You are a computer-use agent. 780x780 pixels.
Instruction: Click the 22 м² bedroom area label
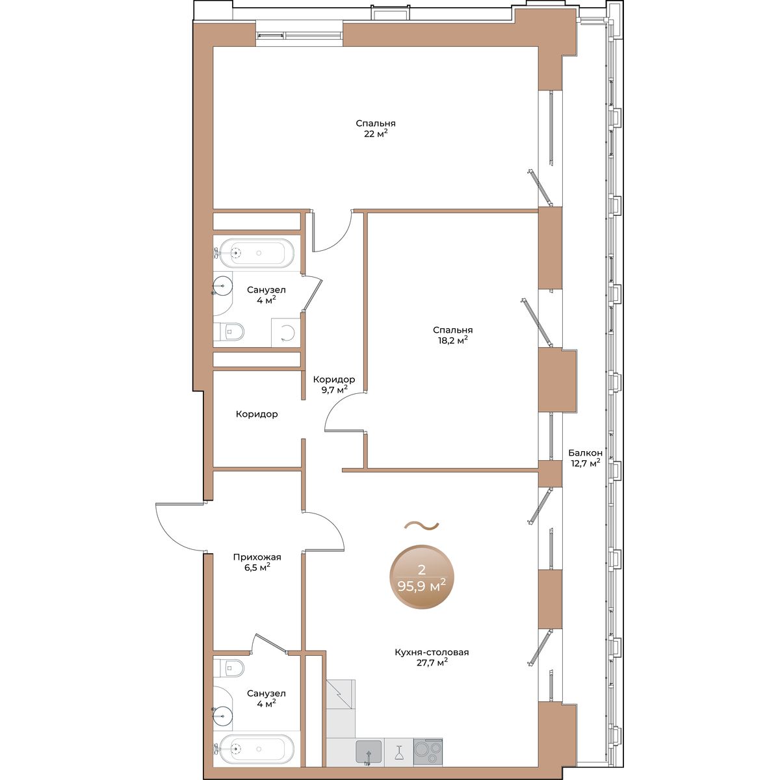pyautogui.click(x=375, y=128)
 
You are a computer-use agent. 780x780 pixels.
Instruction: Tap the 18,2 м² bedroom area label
pyautogui.click(x=452, y=335)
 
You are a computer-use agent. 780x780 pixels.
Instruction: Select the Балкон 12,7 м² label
pyautogui.click(x=585, y=458)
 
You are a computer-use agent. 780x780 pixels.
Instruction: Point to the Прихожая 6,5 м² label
pyautogui.click(x=257, y=562)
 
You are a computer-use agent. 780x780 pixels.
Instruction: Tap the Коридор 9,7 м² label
pyautogui.click(x=334, y=385)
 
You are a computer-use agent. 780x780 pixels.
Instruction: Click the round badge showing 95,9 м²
pyautogui.click(x=421, y=577)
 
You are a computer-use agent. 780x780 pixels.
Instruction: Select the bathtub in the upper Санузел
pyautogui.click(x=256, y=253)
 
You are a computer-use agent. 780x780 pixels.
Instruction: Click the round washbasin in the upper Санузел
pyautogui.click(x=222, y=285)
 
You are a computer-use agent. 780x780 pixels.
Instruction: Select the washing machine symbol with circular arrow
pyautogui.click(x=286, y=333)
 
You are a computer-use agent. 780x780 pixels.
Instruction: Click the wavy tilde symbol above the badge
pyautogui.click(x=421, y=526)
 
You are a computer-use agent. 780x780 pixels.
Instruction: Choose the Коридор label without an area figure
pyautogui.click(x=257, y=414)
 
